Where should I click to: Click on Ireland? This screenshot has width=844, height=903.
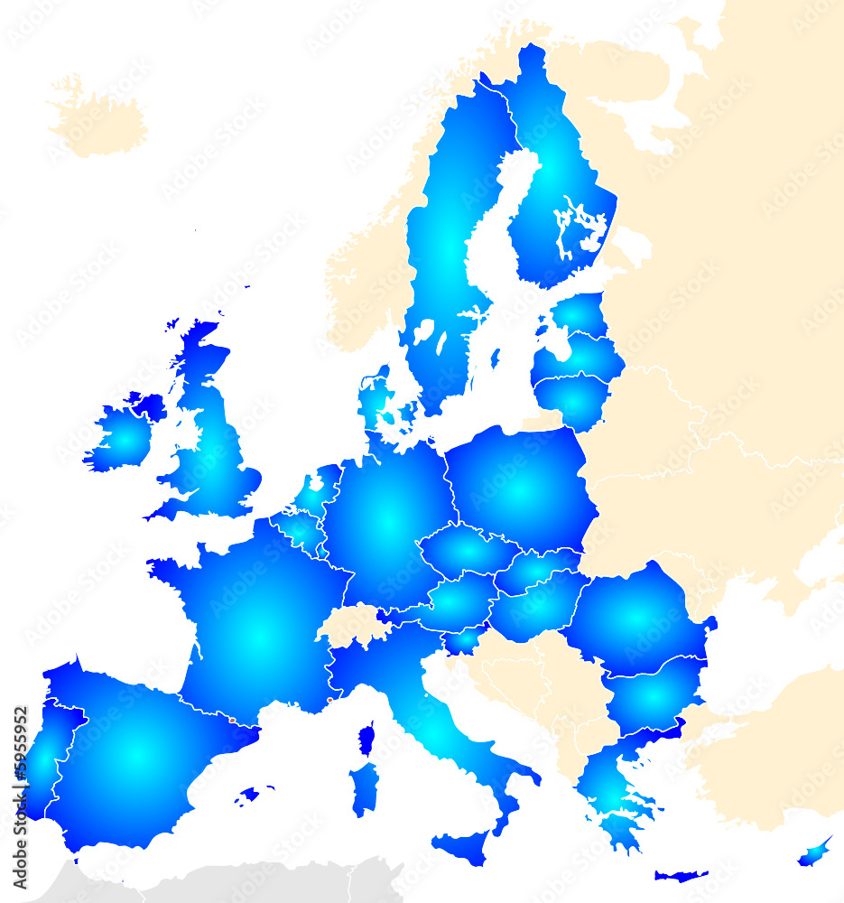[122, 438]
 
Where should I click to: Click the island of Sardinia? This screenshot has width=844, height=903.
[363, 787]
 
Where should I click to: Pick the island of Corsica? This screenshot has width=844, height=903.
[366, 739]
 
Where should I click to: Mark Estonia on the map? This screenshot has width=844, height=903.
[580, 316]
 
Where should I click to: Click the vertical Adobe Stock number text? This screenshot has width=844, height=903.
[20, 795]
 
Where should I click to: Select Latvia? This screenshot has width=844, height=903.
[582, 356]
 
